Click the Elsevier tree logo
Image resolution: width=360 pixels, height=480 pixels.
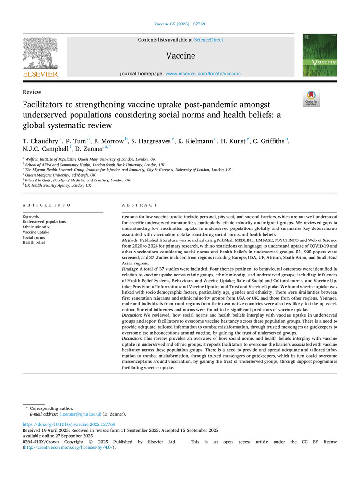[x=40, y=54]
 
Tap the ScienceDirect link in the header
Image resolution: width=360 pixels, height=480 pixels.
[x=208, y=40]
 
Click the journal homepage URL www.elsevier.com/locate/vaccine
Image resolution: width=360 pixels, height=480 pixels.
[x=203, y=74]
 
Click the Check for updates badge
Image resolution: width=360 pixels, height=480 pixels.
[x=312, y=98]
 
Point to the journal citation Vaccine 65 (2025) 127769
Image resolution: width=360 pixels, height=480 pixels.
[x=180, y=23]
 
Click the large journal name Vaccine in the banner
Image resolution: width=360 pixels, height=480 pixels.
[x=180, y=56]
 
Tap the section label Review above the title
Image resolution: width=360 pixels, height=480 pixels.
[x=32, y=92]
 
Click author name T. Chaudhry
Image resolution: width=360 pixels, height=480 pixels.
[x=40, y=141]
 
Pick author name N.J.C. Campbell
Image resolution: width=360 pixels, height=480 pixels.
[x=45, y=149]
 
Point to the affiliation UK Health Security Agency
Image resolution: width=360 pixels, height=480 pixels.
[x=58, y=185]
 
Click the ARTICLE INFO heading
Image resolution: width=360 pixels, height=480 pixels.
[x=47, y=205]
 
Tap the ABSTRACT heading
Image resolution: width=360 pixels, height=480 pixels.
[x=137, y=205]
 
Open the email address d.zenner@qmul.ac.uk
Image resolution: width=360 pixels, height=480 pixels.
[x=80, y=414]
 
